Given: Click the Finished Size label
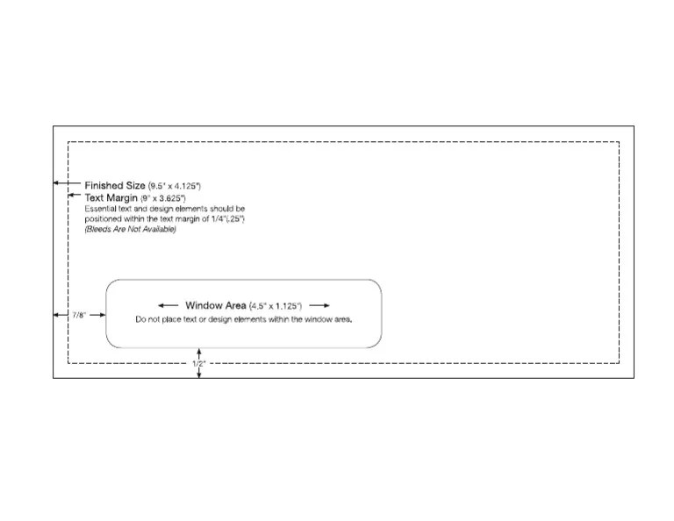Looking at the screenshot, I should [115, 185].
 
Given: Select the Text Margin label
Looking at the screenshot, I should [111, 198].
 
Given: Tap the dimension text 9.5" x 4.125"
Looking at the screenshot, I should [175, 186].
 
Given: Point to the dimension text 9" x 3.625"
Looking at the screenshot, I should [163, 199].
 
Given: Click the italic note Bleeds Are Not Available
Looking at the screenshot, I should [130, 230].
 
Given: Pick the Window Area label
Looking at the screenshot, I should [215, 305].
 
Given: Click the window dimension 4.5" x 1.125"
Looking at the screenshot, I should [276, 305].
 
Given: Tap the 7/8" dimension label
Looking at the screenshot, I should [79, 314].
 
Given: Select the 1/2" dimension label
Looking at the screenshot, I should [199, 361].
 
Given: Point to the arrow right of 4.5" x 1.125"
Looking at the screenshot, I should [319, 305].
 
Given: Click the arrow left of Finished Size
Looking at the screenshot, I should [67, 183].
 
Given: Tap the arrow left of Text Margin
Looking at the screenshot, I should [75, 196].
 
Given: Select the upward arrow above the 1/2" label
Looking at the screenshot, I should [199, 352].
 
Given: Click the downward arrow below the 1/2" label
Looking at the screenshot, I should [199, 373].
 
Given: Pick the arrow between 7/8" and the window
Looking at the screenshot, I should [97, 313].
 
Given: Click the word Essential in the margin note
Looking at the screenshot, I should [102, 209].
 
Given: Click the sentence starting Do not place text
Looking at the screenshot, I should [244, 319].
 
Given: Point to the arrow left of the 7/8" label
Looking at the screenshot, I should [61, 313].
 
